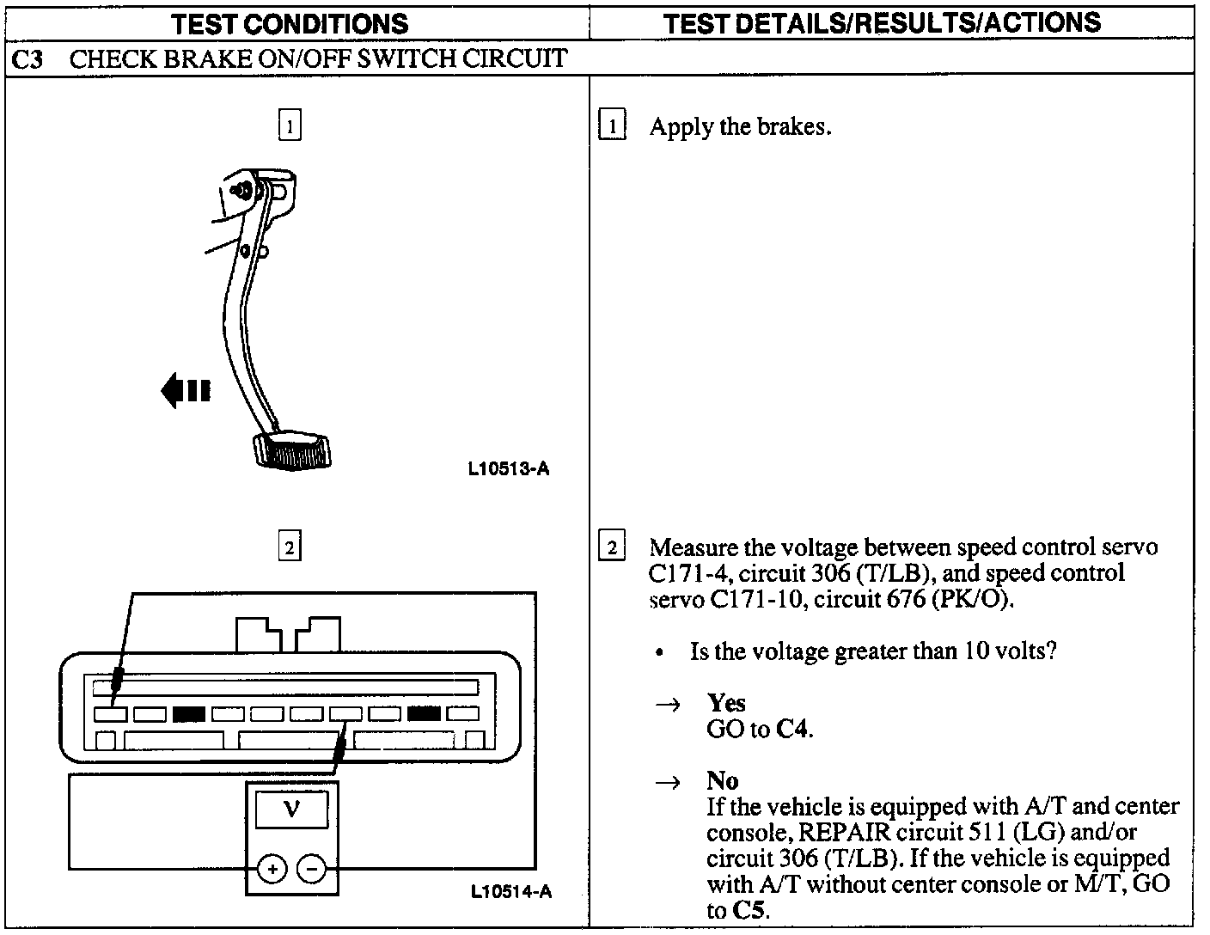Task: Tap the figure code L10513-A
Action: [x=509, y=468]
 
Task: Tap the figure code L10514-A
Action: [x=510, y=891]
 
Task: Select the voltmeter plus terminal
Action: [x=272, y=870]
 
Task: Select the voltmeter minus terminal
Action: [x=311, y=870]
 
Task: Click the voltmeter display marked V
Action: [x=291, y=810]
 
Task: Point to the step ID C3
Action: [x=28, y=58]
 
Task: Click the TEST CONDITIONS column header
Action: [x=290, y=23]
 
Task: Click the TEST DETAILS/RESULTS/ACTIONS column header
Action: [x=883, y=22]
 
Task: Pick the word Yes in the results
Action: [x=726, y=703]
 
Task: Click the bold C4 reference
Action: [x=792, y=730]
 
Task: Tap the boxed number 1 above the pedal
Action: [x=290, y=126]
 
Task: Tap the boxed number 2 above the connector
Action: [x=290, y=547]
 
